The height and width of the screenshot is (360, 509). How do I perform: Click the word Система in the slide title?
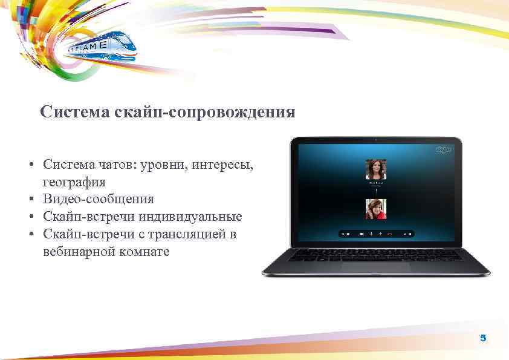69,113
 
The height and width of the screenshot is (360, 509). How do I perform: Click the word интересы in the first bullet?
224,165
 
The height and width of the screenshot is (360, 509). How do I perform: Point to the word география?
74,182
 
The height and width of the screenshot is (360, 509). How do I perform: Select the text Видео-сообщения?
98,199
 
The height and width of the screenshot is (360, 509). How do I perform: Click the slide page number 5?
482,338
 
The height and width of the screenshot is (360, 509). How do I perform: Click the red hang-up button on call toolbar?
390,233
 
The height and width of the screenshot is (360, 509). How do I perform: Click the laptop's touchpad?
376,266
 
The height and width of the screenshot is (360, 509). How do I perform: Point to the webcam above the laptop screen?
377,140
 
